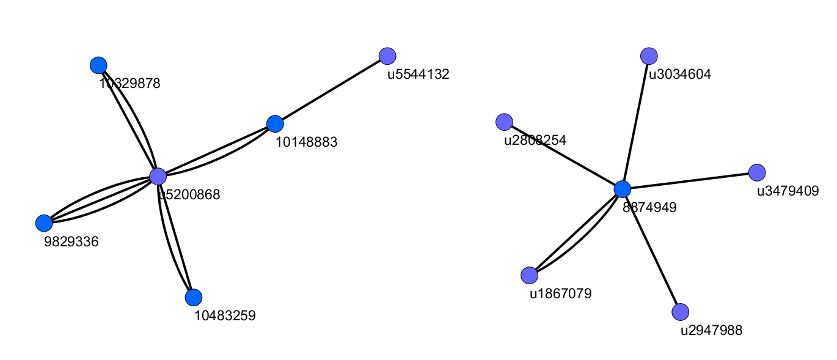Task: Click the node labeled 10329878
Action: [98, 65]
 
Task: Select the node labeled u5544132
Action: [387, 56]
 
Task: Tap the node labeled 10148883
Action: [276, 123]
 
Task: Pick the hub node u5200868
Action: [158, 177]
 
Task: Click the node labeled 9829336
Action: [44, 223]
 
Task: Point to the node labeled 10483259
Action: [194, 298]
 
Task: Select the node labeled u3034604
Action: [649, 56]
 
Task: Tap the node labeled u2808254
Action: [504, 122]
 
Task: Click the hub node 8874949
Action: [623, 189]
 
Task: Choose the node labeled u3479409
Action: [757, 172]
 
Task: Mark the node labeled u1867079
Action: [530, 276]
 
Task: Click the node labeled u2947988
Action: [681, 312]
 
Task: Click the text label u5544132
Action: [418, 75]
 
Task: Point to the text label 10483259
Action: [225, 316]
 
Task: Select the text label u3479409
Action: [788, 191]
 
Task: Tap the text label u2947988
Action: [712, 331]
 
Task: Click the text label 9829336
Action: [71, 241]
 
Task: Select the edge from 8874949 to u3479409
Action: [690, 181]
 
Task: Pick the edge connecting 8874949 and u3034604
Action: [635, 122]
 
